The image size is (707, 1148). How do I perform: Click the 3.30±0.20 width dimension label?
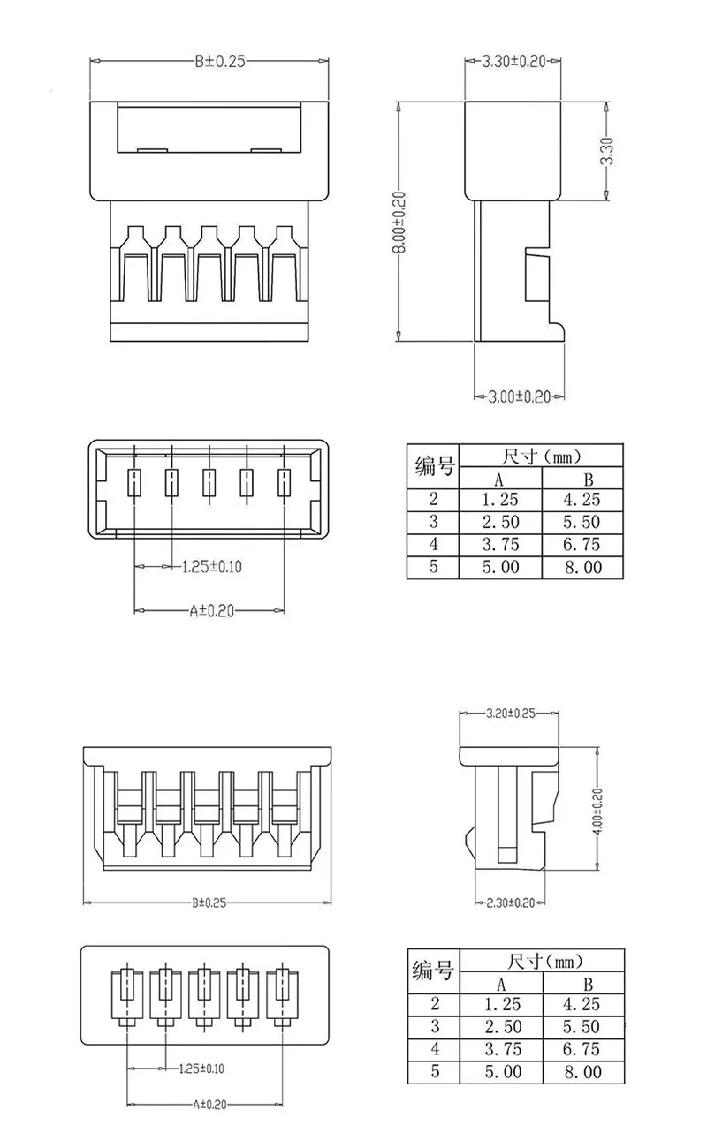(513, 62)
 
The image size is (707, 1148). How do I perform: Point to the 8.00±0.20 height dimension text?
(399, 222)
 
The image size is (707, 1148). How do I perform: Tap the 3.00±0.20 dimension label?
(520, 397)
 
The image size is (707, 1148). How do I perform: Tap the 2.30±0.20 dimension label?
(511, 903)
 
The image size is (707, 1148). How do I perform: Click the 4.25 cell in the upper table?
(582, 500)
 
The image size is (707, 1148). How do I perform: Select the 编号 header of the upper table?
(433, 466)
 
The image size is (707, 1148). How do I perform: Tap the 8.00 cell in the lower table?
(582, 1072)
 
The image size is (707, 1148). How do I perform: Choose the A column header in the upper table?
(499, 479)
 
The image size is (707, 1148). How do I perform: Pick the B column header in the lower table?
(583, 983)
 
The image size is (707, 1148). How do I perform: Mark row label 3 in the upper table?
(433, 522)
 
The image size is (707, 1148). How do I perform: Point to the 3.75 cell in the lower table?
(501, 1049)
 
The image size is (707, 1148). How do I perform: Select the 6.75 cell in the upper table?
(582, 544)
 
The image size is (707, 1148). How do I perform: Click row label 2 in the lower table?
(434, 1004)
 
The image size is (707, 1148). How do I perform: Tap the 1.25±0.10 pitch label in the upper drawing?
(211, 566)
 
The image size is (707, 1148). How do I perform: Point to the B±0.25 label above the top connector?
(219, 61)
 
